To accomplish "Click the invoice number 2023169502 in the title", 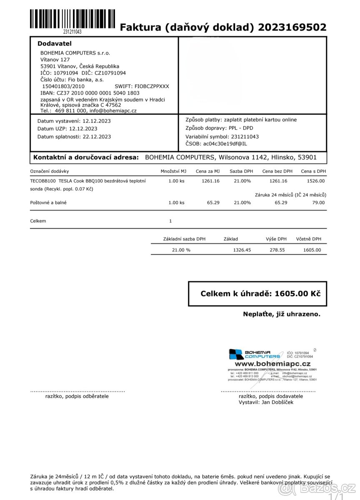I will [292, 27].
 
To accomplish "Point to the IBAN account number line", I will [90, 93].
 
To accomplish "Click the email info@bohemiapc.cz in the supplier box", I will [113, 111].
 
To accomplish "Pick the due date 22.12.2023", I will [97, 136].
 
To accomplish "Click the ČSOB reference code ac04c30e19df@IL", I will [225, 144].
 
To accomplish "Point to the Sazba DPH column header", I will [241, 171].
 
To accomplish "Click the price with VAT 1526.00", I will [315, 181].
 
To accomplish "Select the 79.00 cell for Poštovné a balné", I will [318, 202].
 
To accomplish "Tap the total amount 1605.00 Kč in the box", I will [297, 294].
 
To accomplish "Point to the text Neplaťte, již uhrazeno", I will [282, 314].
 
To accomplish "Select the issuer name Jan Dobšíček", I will [277, 402].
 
